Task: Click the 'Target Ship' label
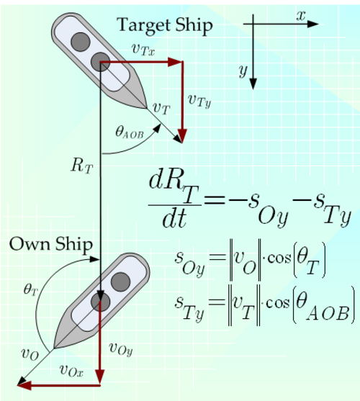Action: [x=165, y=26]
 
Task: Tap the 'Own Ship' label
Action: [x=51, y=244]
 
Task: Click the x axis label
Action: [x=301, y=16]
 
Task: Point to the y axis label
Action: [x=243, y=71]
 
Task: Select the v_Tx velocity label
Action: [x=143, y=49]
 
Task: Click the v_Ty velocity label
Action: [x=199, y=100]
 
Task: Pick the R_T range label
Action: [x=81, y=166]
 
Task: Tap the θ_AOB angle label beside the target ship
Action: [x=130, y=133]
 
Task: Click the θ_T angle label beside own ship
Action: [x=31, y=290]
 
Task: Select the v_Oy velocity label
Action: [x=121, y=349]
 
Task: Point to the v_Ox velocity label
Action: [x=71, y=370]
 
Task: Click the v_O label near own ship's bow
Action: [x=30, y=354]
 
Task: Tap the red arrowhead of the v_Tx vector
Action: [x=175, y=62]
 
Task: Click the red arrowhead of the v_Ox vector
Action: [x=24, y=385]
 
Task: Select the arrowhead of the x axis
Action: [x=312, y=24]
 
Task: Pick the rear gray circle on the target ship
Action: [x=81, y=42]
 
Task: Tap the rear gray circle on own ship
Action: [x=120, y=281]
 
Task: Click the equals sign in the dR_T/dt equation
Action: [x=215, y=199]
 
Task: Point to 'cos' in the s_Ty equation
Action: [x=278, y=303]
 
